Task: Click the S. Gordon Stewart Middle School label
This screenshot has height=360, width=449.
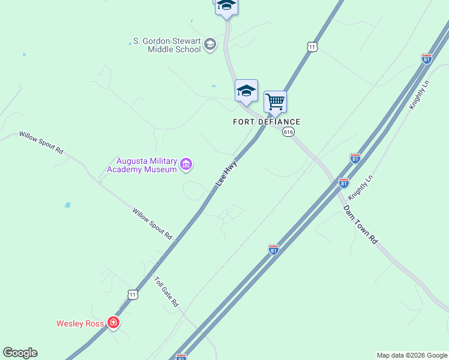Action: [166, 45]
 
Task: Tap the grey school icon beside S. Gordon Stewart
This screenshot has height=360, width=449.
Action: [209, 44]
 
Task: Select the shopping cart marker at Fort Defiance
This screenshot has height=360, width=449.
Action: [275, 102]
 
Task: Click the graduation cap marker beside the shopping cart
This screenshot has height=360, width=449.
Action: [246, 91]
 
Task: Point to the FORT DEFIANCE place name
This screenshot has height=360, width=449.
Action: [267, 122]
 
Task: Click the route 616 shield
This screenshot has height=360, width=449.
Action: [289, 132]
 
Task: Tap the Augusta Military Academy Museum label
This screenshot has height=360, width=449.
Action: [142, 165]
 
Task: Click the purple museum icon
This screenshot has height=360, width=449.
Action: [186, 164]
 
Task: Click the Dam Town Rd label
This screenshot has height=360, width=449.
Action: [361, 224]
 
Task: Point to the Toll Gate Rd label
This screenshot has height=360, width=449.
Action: [166, 292]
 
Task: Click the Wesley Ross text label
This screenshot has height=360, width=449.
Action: [81, 323]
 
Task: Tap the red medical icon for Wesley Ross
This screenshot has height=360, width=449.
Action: [113, 323]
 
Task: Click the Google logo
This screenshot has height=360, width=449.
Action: [20, 353]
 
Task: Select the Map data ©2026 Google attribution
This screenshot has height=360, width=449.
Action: [412, 355]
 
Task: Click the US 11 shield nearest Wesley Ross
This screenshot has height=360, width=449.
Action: [133, 294]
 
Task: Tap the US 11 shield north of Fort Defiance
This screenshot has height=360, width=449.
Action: [311, 47]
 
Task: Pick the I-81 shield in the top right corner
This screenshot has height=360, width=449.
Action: [427, 59]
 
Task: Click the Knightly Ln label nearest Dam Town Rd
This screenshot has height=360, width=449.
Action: [360, 187]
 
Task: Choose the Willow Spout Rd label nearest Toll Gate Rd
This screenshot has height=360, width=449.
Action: [152, 224]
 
